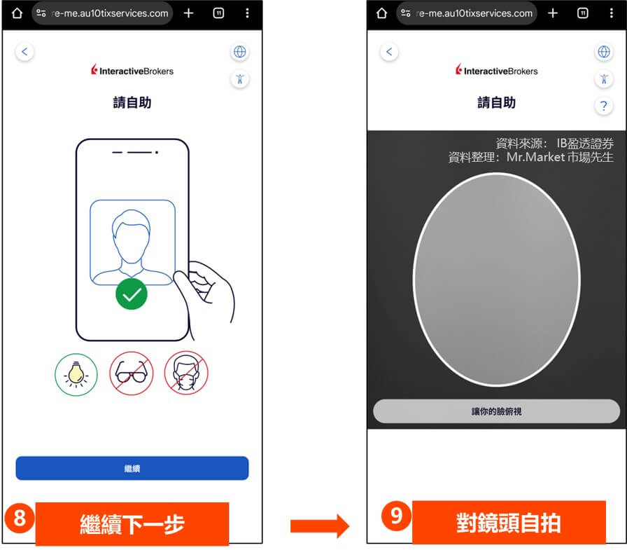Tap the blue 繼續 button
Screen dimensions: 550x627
[132, 468]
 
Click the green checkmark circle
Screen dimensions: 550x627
[132, 294]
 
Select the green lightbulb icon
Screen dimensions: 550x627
[76, 373]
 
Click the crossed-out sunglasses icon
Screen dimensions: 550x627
[131, 373]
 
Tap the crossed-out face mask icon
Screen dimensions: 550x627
[186, 373]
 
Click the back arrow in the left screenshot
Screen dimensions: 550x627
[25, 52]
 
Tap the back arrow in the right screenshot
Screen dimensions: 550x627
[390, 52]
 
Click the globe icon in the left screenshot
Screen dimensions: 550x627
[240, 52]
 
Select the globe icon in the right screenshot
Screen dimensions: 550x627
[603, 52]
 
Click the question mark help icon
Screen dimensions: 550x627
[603, 106]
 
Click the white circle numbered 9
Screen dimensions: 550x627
[396, 517]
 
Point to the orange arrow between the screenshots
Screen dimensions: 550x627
[320, 524]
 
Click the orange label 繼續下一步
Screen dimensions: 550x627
[132, 523]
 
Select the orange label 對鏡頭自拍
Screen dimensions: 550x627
[509, 523]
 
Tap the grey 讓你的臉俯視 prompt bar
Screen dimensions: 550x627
[496, 411]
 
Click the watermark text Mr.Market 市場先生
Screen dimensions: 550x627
[530, 158]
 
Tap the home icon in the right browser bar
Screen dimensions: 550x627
[382, 13]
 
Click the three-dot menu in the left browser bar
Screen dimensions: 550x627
[247, 13]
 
